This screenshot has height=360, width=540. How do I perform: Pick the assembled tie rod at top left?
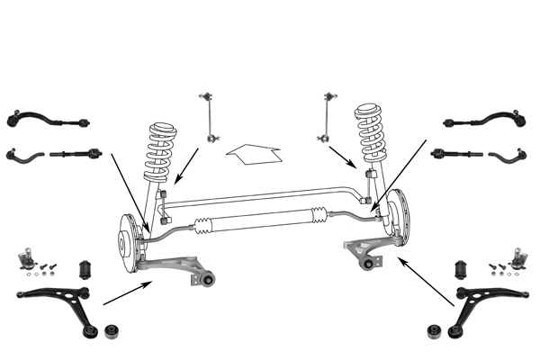pos(49,117)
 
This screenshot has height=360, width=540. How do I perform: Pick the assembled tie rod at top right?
pos(484,117)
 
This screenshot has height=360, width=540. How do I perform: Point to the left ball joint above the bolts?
pos(27,257)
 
